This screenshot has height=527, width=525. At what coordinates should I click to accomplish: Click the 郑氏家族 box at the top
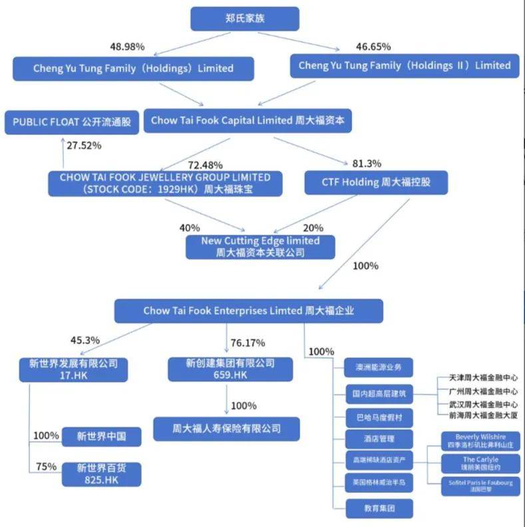(245, 19)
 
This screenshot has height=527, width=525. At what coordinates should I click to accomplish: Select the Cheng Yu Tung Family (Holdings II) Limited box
(405, 65)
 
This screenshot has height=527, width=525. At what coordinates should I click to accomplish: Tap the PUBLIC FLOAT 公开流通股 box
(72, 122)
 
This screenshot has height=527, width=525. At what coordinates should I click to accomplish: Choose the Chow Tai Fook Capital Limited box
(248, 120)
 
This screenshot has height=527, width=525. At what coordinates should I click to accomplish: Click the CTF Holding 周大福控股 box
(376, 182)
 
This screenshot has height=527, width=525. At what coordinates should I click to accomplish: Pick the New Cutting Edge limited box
(260, 247)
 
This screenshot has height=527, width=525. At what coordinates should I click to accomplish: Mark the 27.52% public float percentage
(83, 145)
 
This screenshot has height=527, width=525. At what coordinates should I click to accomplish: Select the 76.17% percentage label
(248, 343)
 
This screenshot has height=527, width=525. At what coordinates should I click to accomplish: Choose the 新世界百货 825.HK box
(101, 473)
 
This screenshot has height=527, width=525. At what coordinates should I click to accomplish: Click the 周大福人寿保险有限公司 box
(226, 428)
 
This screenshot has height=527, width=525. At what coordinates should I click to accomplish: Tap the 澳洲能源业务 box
(379, 368)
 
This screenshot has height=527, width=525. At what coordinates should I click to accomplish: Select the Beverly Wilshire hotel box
(480, 441)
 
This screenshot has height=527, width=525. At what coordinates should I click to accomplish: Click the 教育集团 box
(379, 508)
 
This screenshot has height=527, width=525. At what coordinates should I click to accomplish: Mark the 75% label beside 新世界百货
(46, 466)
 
